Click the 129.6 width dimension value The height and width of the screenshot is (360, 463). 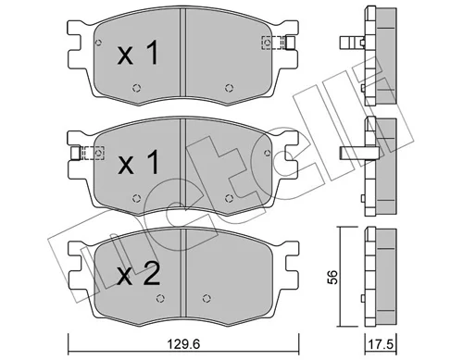[x=183, y=343]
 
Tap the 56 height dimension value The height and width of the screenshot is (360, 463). [x=332, y=277]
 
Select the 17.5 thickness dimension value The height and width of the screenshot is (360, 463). [x=381, y=344]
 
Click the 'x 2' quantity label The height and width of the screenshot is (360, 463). [x=139, y=274]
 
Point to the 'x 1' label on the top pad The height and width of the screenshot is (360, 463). [x=138, y=54]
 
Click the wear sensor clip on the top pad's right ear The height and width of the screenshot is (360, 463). [x=279, y=43]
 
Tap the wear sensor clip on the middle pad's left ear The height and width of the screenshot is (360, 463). [x=88, y=153]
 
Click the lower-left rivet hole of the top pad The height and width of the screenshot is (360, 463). [x=136, y=88]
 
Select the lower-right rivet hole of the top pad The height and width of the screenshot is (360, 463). [x=229, y=88]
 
